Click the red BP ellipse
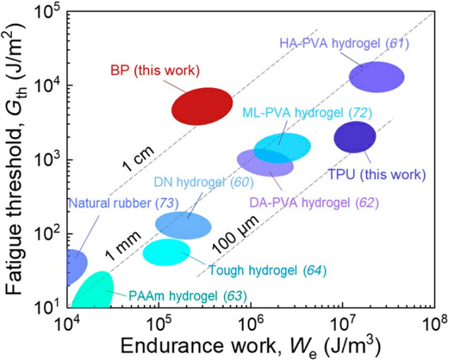(x=202, y=106)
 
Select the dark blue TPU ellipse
(x=354, y=137)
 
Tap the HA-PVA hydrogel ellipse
(x=376, y=77)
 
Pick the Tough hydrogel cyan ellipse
(x=167, y=252)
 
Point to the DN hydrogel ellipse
(x=183, y=224)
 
